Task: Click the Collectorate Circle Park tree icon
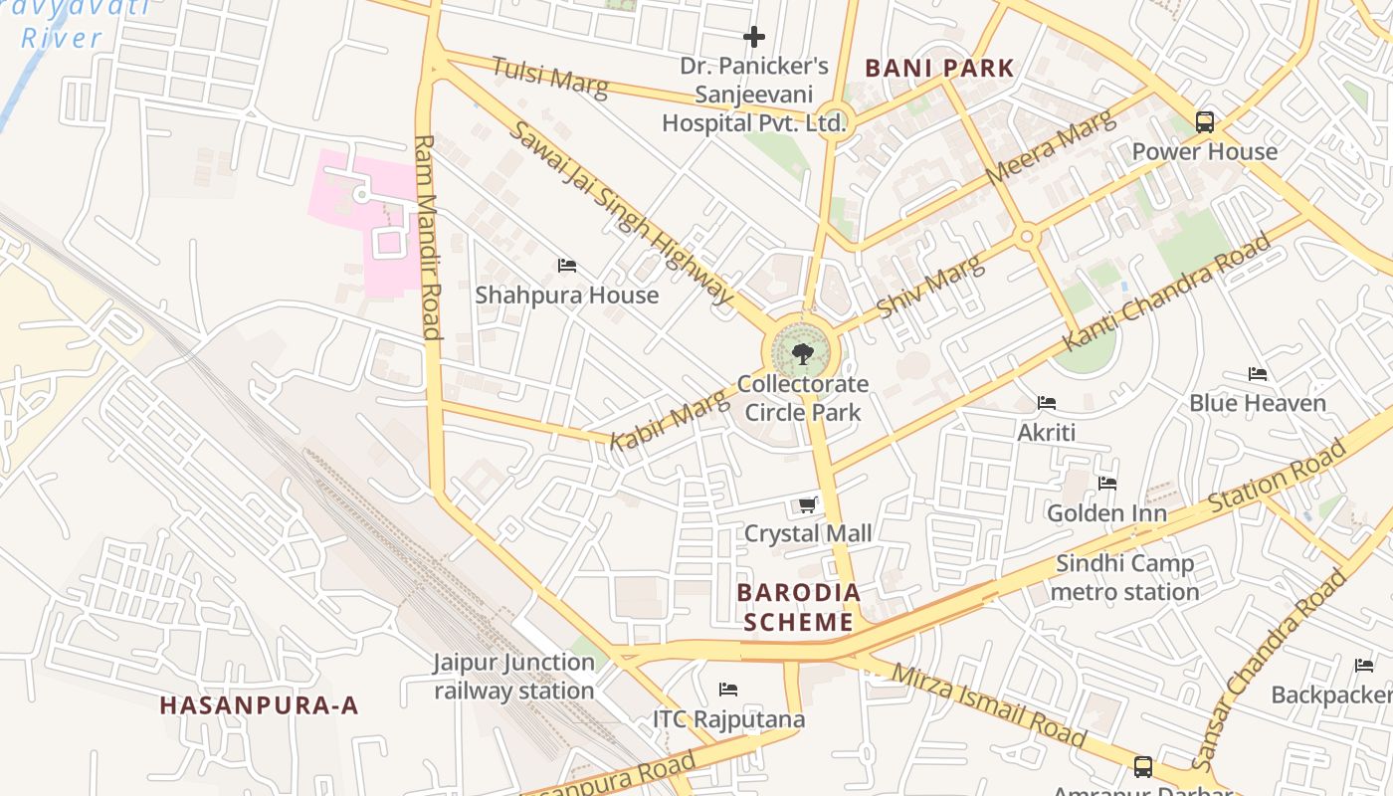[x=802, y=353]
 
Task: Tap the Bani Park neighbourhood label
[x=939, y=69]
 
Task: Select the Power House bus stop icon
[x=1205, y=122]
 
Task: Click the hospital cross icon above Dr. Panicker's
[x=754, y=38]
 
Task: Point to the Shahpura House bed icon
[x=567, y=266]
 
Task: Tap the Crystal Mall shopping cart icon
[x=808, y=505]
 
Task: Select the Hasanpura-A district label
[x=259, y=705]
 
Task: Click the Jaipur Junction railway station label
[x=513, y=677]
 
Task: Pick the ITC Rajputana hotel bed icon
[x=728, y=690]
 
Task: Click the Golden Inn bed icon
[x=1107, y=484]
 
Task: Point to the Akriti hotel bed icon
[x=1047, y=403]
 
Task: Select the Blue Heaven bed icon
[x=1258, y=374]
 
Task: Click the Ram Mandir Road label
[x=427, y=237]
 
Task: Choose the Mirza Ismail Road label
[x=988, y=704]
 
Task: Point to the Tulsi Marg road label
[x=549, y=76]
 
